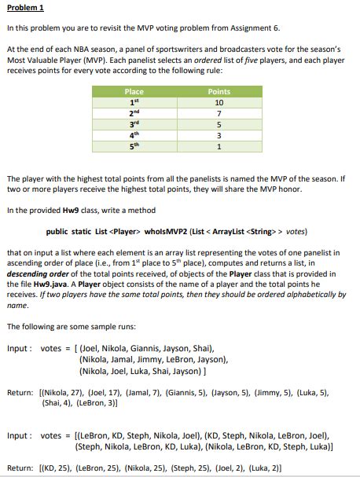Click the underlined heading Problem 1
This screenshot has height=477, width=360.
[23, 8]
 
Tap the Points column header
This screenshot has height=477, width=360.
[219, 92]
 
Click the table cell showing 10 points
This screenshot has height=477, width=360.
[219, 102]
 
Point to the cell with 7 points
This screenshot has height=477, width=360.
[219, 113]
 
